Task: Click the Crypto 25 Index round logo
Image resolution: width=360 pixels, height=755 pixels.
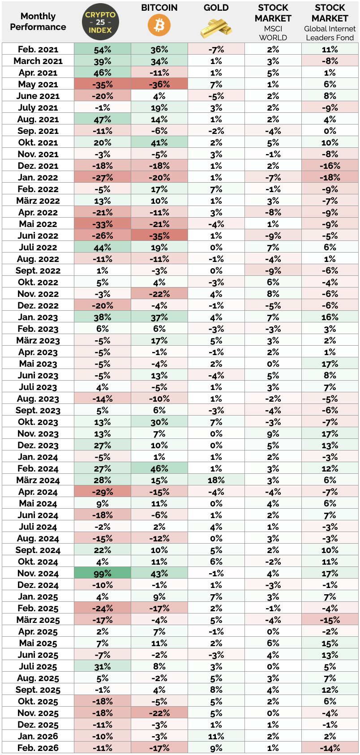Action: coord(101,22)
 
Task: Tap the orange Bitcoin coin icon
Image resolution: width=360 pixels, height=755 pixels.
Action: coord(159,26)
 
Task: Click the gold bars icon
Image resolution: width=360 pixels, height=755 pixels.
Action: coord(216,28)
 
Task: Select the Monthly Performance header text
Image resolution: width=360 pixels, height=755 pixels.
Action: coord(38,21)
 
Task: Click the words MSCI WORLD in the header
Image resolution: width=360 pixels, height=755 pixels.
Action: coord(273,33)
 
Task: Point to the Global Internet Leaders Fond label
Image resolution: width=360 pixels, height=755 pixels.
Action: coord(330,33)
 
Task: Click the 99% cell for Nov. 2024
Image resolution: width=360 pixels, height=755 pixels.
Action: coord(103,573)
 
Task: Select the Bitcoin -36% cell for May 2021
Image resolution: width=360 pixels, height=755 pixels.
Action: coord(159,84)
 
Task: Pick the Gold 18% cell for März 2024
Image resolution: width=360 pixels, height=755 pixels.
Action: coord(216,480)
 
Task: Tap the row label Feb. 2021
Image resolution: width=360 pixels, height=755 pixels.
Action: coord(38,49)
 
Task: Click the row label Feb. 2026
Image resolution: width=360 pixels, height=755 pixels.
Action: coord(38,748)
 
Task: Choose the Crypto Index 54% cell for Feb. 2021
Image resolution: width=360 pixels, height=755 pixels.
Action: coord(103,49)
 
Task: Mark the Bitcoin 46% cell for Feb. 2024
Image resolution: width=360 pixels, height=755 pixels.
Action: coord(159,468)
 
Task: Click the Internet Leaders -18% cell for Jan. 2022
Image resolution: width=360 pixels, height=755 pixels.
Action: coord(330,177)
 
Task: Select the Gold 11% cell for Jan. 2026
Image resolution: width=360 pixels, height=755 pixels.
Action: coord(216,736)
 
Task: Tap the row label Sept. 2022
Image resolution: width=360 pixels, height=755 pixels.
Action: coord(38,270)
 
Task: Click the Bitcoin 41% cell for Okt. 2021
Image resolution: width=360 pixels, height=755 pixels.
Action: coord(159,142)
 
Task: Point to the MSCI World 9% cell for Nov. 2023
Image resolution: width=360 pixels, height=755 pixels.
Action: coord(273,433)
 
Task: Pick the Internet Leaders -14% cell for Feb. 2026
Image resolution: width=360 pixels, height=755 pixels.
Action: coord(330,748)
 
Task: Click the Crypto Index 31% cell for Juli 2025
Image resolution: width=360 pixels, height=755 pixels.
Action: coord(103,666)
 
